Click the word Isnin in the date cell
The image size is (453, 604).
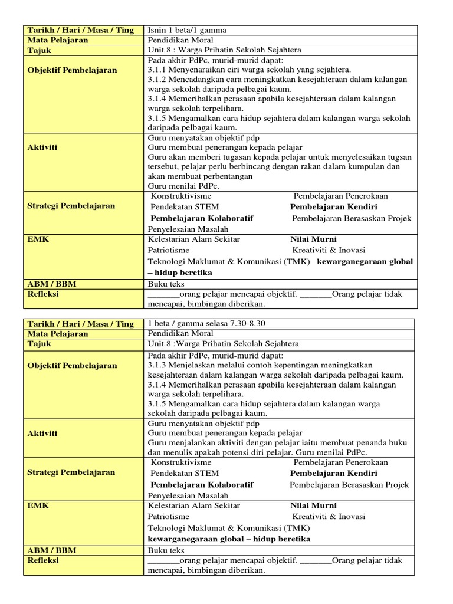point(156,30)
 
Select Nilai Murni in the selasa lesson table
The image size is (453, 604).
point(313,505)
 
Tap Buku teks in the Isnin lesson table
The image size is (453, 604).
point(166,284)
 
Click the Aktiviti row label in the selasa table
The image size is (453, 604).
point(42,433)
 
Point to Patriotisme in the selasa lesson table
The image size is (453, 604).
point(169,516)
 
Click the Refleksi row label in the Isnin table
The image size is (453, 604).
point(43,294)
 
